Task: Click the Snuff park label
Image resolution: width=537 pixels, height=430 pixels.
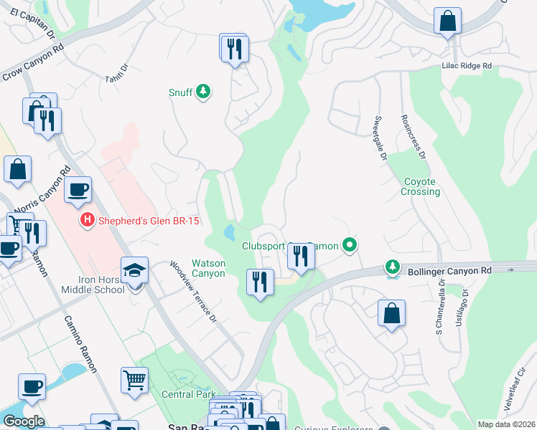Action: click(179, 92)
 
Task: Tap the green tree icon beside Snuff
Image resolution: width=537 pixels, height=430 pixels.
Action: click(204, 91)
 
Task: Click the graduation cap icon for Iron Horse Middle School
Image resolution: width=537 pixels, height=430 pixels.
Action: click(134, 270)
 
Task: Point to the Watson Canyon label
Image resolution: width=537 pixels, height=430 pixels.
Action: click(208, 268)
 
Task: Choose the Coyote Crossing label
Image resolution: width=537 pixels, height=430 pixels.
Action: click(420, 187)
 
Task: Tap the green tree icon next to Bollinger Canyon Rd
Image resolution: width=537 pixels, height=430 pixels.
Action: click(393, 267)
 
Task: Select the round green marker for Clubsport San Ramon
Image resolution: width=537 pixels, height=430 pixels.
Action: click(350, 246)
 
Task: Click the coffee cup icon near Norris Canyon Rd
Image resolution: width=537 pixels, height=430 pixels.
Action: click(78, 190)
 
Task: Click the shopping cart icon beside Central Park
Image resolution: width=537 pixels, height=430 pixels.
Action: click(134, 380)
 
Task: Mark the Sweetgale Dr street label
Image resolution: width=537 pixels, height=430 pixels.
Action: click(380, 137)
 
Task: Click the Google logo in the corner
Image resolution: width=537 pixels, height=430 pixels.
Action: click(24, 421)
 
